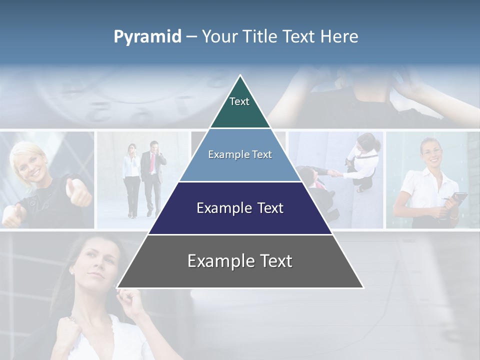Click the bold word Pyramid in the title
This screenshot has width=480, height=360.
(147, 37)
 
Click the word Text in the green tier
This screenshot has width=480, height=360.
(239, 101)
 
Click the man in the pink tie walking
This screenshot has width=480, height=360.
(151, 175)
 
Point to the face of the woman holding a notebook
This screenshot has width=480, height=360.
(430, 153)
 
